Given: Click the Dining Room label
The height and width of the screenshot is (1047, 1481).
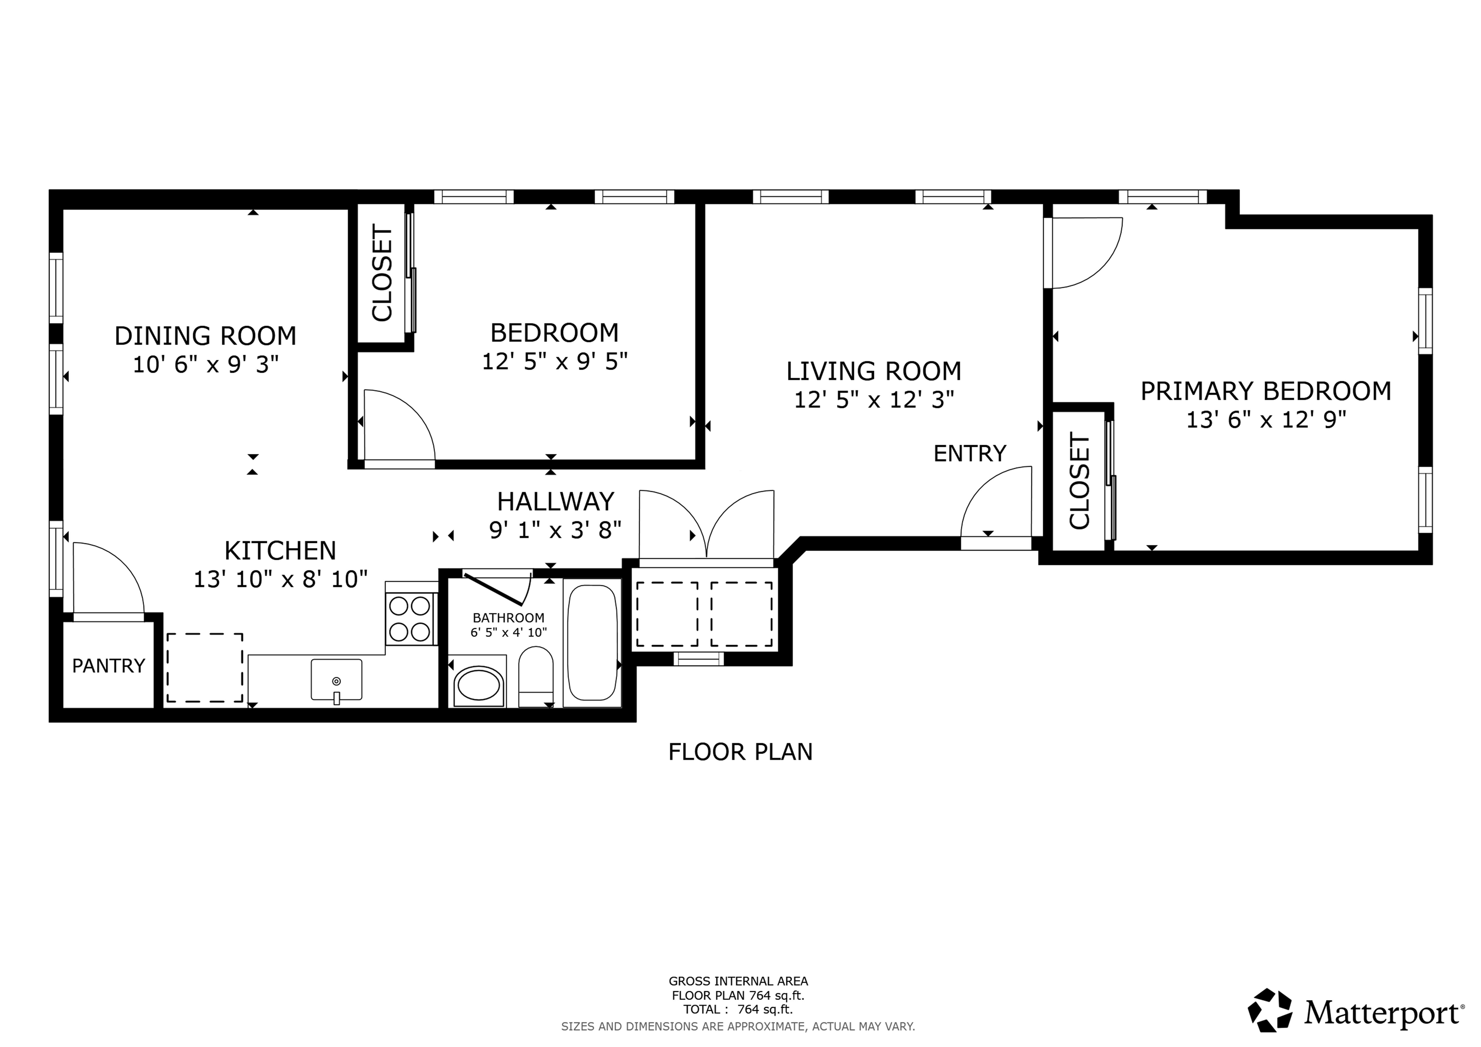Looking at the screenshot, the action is (x=205, y=336).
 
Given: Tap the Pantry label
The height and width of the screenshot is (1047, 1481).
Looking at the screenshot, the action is (x=108, y=666).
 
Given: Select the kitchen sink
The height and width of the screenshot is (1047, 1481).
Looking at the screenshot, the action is (x=336, y=680).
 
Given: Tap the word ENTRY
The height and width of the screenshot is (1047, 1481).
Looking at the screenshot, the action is (x=969, y=454).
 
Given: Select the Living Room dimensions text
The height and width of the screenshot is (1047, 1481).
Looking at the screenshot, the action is (x=874, y=401).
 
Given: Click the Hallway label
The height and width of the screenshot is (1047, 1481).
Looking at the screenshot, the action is (x=555, y=502).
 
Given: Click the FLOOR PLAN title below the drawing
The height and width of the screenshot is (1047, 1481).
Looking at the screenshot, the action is (x=740, y=752).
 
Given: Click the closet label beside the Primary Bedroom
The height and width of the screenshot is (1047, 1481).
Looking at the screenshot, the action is (x=1079, y=481).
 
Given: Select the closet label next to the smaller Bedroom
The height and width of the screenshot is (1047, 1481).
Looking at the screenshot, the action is (x=382, y=273).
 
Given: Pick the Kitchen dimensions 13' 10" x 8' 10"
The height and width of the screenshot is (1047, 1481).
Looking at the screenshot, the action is (x=281, y=580).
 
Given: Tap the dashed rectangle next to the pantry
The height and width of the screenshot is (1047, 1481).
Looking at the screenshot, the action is (x=205, y=668).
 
